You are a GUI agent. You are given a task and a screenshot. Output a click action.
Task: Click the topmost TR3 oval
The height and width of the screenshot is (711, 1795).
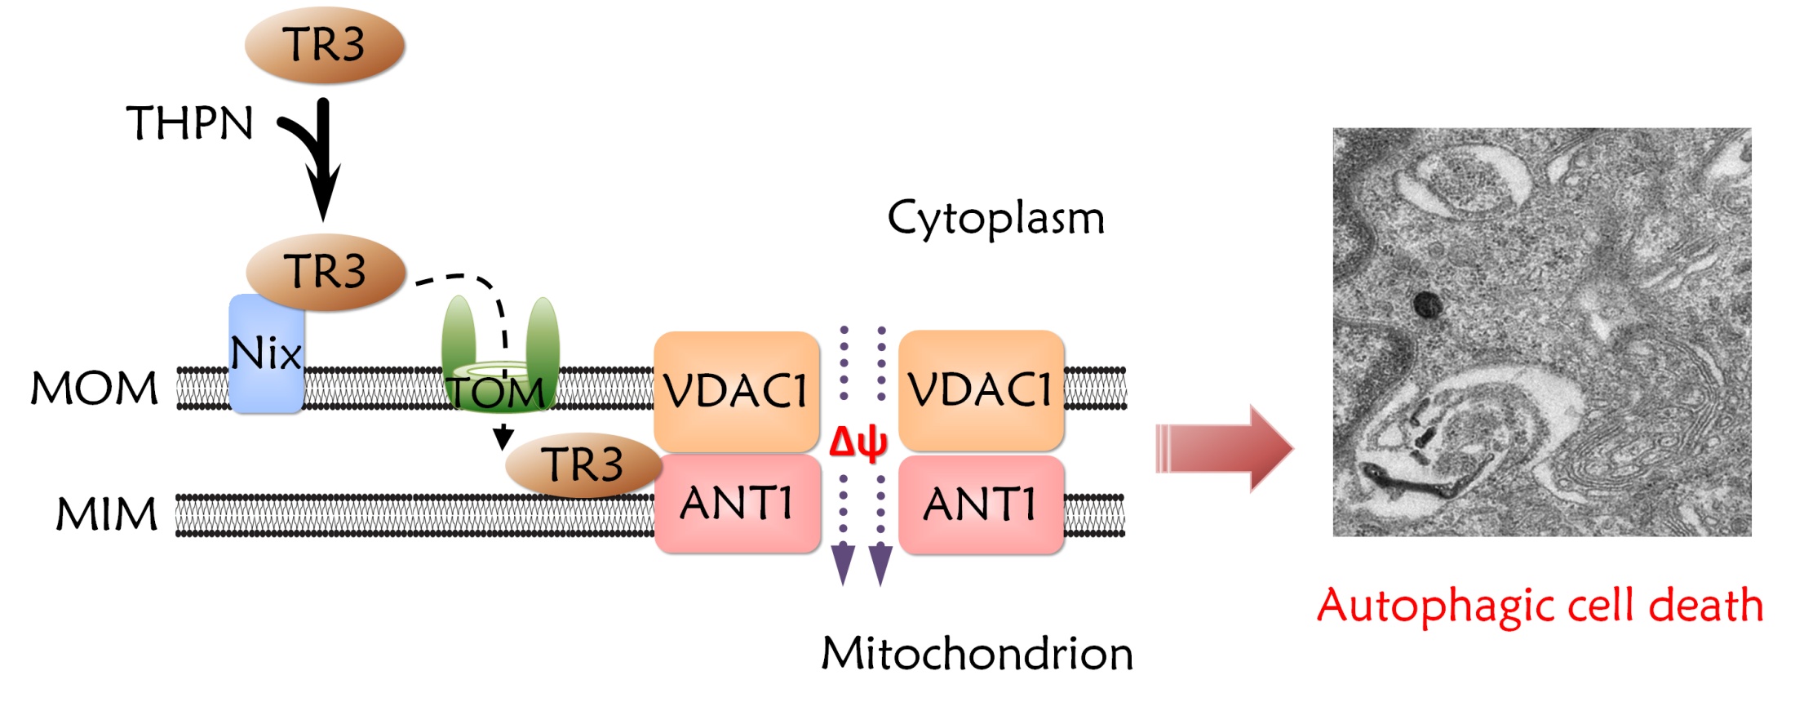pyautogui.click(x=325, y=45)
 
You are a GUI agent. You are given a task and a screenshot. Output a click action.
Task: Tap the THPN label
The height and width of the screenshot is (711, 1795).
pyautogui.click(x=189, y=123)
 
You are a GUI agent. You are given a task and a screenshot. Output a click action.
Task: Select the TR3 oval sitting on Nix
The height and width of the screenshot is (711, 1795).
pyautogui.click(x=326, y=271)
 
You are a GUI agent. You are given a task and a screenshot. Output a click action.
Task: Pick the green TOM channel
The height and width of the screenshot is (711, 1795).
pyautogui.click(x=499, y=359)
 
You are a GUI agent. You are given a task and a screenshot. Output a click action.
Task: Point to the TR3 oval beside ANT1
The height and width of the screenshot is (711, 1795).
pyautogui.click(x=583, y=464)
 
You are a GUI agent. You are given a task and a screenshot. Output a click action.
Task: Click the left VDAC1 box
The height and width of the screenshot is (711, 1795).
pyautogui.click(x=736, y=390)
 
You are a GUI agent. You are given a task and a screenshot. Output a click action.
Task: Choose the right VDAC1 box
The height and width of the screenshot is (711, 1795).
pyautogui.click(x=981, y=390)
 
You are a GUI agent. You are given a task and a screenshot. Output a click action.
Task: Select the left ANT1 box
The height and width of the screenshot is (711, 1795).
pyautogui.click(x=737, y=503)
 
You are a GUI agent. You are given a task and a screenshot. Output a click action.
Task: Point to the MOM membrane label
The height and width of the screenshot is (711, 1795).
pyautogui.click(x=95, y=389)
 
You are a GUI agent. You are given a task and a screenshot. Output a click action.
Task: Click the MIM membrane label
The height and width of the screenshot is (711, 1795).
pyautogui.click(x=106, y=514)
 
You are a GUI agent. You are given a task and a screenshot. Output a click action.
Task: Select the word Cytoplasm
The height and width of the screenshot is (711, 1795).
pyautogui.click(x=995, y=219)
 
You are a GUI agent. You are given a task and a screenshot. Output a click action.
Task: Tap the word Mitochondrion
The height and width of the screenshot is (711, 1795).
pyautogui.click(x=977, y=654)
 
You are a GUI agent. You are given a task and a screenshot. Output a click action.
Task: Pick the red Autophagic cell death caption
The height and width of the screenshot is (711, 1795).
pyautogui.click(x=1540, y=606)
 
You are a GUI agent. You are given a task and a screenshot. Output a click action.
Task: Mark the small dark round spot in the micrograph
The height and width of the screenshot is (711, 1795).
pyautogui.click(x=1427, y=305)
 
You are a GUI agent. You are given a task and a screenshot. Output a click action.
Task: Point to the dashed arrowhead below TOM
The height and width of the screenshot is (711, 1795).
pyautogui.click(x=503, y=438)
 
